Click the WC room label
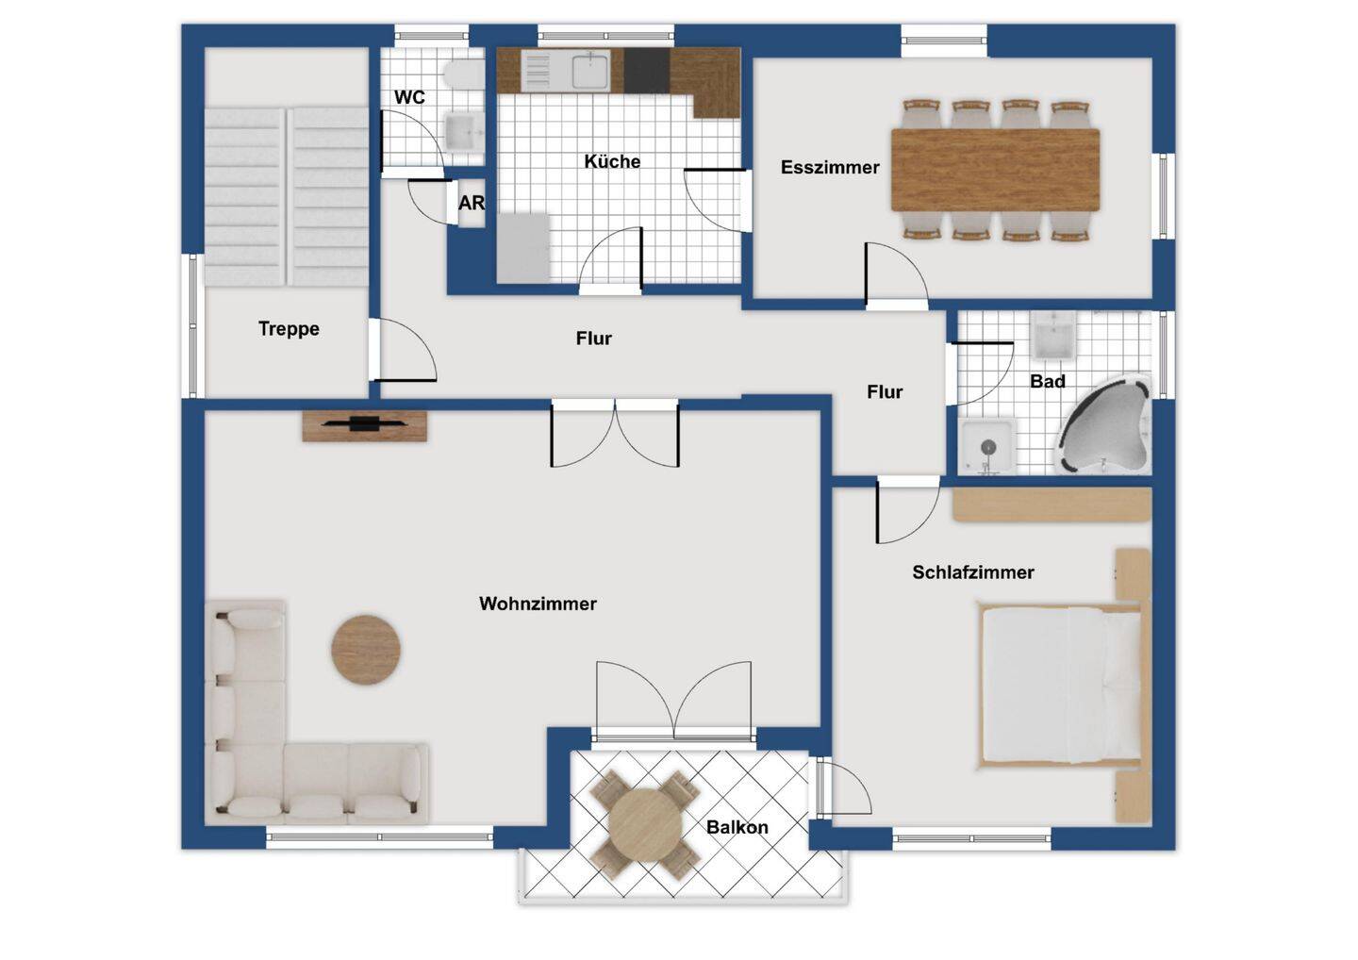(409, 97)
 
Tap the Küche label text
(612, 161)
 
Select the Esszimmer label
(829, 167)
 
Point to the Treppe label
(289, 328)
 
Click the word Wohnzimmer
(538, 604)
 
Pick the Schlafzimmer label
(973, 572)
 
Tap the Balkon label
(737, 827)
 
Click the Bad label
(1048, 381)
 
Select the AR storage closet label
(472, 203)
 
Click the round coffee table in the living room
(366, 650)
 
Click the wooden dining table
(996, 170)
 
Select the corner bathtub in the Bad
(1103, 423)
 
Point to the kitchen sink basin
(590, 70)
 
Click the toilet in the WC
(464, 75)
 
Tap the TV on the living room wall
(364, 423)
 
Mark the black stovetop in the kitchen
(646, 71)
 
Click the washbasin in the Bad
(1053, 337)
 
